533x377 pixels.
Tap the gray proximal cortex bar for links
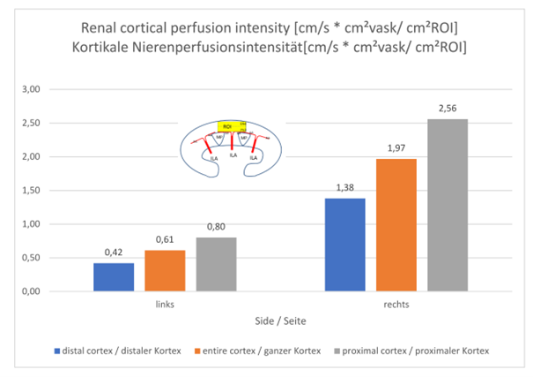(x=216, y=264)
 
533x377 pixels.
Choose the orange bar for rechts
(x=395, y=225)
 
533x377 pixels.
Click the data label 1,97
(x=395, y=149)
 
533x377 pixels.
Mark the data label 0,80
(x=216, y=228)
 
